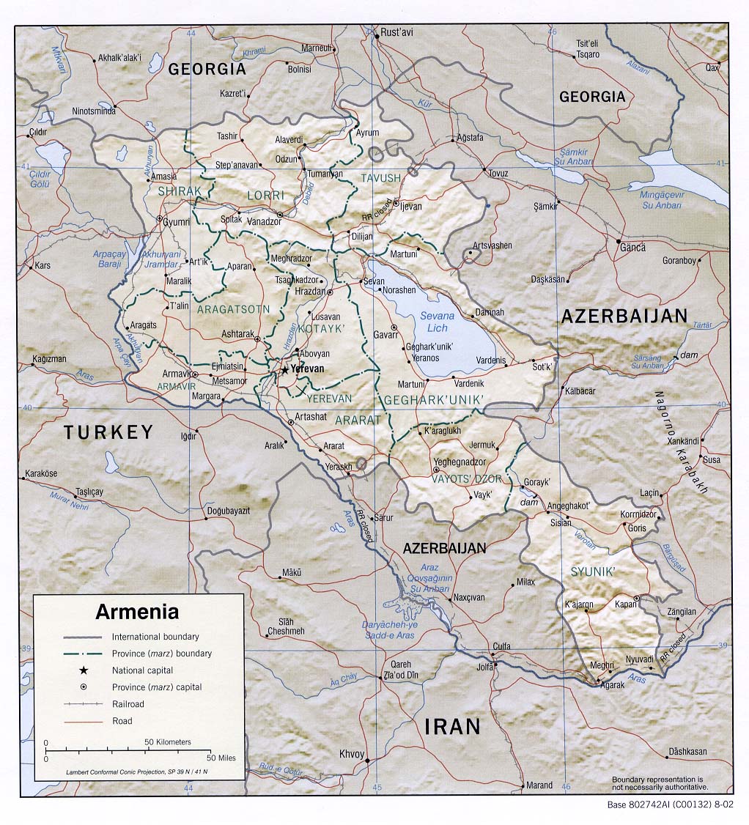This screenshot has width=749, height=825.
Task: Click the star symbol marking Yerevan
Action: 284,370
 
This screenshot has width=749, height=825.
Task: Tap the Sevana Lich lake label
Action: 437,321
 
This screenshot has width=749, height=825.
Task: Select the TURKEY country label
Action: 108,432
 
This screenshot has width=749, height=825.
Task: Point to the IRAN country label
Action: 452,726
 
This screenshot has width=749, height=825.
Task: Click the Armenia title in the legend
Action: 137,611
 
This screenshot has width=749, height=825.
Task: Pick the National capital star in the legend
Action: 84,670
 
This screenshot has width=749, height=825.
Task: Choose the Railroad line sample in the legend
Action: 83,704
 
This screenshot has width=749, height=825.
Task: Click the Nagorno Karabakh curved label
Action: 681,443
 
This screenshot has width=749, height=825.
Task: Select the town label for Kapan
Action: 624,604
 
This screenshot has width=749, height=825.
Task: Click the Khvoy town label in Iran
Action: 351,754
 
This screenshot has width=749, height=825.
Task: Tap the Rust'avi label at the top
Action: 396,34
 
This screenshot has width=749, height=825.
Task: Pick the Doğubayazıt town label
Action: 229,510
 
